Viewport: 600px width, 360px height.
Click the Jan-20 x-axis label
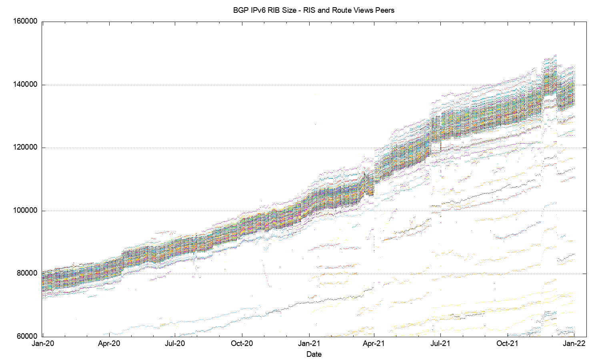(43, 344)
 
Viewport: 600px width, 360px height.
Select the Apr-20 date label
(109, 344)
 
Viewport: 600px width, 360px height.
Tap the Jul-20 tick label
(175, 344)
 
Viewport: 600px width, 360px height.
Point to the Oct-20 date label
(242, 344)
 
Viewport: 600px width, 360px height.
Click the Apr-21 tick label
(374, 344)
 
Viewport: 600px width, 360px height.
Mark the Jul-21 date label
(441, 344)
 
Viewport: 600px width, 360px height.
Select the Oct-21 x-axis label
(508, 344)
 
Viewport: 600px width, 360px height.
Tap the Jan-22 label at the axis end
(574, 344)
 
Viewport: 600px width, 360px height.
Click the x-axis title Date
(314, 354)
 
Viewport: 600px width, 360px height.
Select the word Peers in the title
(384, 10)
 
